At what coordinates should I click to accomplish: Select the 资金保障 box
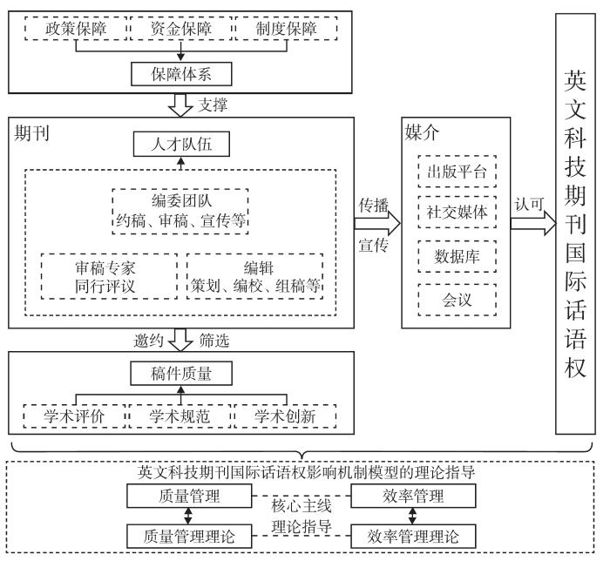click(181, 29)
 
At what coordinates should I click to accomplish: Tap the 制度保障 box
click(285, 29)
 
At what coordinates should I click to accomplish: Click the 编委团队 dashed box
click(181, 210)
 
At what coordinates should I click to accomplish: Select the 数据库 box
click(458, 256)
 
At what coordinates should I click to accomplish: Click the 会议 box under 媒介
click(458, 299)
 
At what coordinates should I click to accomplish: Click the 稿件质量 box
click(181, 375)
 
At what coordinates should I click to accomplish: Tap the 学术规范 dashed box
click(181, 416)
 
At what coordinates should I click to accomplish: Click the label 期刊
click(30, 133)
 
